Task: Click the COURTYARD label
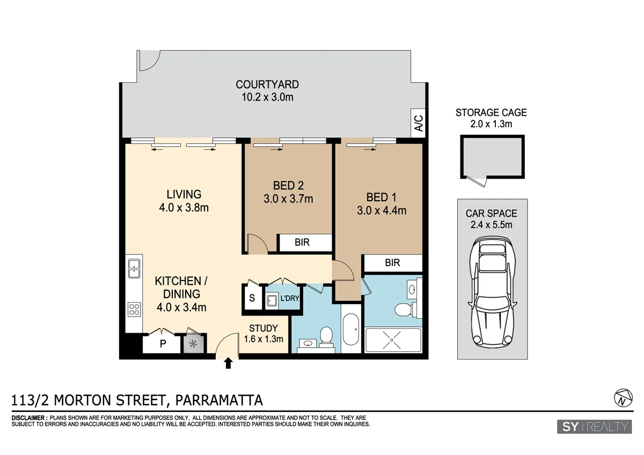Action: click(x=267, y=84)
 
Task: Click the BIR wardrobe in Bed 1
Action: click(x=392, y=263)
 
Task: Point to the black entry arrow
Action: click(x=228, y=364)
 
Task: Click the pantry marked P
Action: click(x=162, y=344)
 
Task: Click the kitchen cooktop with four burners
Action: click(x=134, y=309)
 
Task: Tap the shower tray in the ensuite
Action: click(x=393, y=340)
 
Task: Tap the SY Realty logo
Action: click(x=594, y=427)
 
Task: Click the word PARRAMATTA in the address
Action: click(x=219, y=400)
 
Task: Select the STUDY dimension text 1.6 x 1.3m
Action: click(x=263, y=339)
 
